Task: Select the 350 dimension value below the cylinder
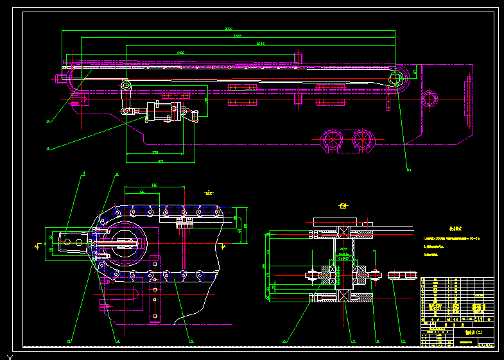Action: tap(155, 152)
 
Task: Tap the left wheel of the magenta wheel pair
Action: tap(332, 141)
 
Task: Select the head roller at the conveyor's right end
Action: tap(397, 80)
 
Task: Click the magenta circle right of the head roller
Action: tap(429, 98)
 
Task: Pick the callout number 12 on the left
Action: tap(48, 121)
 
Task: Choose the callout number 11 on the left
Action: tap(48, 149)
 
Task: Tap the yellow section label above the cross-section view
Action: tap(343, 206)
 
